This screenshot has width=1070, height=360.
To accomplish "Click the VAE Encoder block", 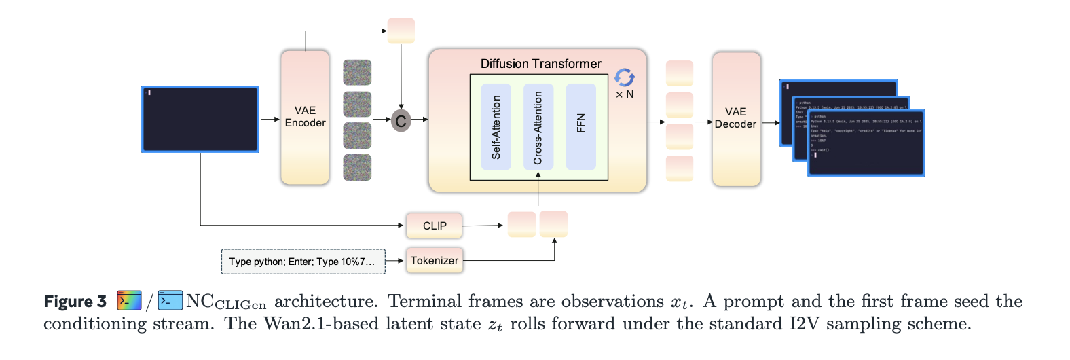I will tap(305, 117).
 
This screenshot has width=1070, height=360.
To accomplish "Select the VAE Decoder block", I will tap(736, 118).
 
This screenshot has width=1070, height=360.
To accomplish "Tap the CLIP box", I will tap(435, 226).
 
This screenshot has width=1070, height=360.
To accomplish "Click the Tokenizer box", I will tap(435, 261).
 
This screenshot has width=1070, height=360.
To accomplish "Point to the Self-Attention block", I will tap(496, 126).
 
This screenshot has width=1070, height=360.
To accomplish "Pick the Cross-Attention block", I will tap(538, 126).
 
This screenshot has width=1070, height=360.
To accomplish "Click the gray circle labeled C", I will tap(401, 121).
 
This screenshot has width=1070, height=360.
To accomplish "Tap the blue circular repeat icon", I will tap(625, 77).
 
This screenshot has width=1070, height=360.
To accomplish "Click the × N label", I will tap(625, 94).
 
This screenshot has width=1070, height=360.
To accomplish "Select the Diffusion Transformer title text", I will tap(540, 64).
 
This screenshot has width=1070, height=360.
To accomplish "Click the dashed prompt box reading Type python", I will tap(303, 262).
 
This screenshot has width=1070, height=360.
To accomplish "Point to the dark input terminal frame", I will tap(200, 119).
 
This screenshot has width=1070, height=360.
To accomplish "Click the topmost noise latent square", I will tap(357, 73).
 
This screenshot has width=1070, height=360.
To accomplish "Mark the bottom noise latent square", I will tap(357, 168).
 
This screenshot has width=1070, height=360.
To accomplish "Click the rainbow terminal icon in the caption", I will tap(129, 301).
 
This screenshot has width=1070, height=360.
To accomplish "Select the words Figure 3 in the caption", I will tap(75, 302).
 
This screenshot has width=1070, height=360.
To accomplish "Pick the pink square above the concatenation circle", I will tap(401, 31).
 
